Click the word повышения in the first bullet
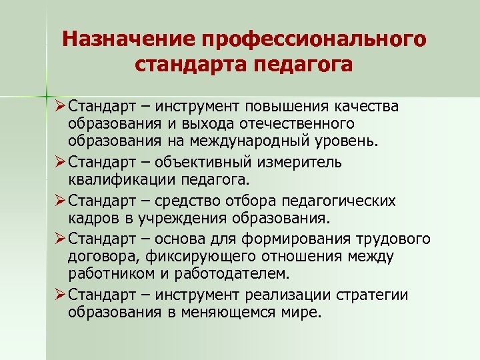pos(280,107)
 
